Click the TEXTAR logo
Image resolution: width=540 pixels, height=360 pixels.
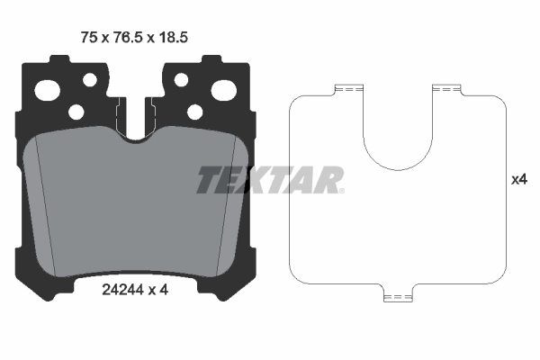(268, 180)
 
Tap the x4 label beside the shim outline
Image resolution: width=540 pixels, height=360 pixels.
(518, 180)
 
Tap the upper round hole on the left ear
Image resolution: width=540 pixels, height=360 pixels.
(89, 80)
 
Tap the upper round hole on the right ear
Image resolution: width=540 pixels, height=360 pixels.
(181, 80)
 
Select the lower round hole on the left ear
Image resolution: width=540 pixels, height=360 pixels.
(76, 112)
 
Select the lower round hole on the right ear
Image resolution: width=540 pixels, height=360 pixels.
(194, 112)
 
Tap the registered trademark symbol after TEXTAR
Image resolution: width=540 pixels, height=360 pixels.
(340, 190)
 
